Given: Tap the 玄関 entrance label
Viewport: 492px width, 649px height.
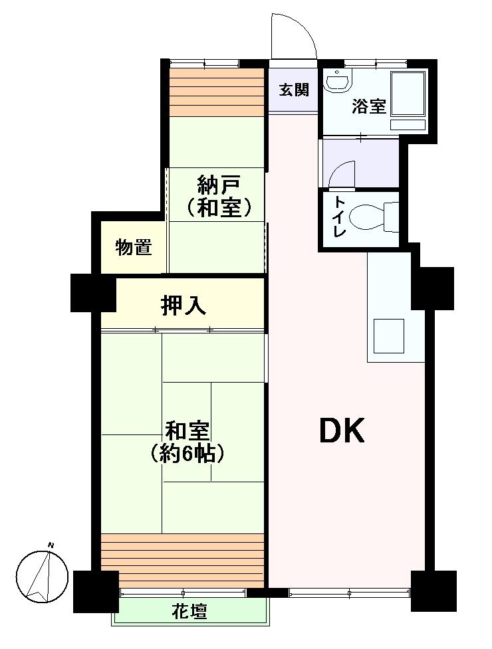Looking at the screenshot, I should [293, 90].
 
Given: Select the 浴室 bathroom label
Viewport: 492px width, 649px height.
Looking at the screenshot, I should [369, 106].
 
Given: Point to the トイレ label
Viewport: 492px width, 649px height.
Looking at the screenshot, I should [339, 217].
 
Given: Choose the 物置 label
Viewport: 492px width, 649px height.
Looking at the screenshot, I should [133, 248].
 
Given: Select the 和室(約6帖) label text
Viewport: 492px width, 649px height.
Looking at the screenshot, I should [187, 442].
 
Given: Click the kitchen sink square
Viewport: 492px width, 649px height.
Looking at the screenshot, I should [388, 335].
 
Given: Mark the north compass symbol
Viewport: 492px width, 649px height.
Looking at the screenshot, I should [41, 573].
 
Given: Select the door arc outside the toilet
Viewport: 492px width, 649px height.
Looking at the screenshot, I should [342, 175].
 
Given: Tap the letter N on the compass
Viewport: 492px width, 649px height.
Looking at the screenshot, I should [51, 546].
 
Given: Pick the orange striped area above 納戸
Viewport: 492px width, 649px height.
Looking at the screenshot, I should [216, 92].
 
